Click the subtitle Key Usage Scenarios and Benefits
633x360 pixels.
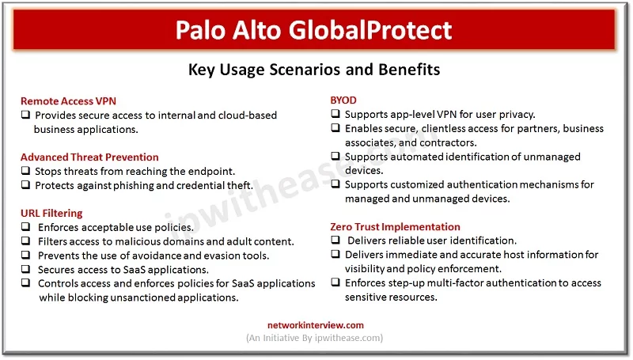[314, 70]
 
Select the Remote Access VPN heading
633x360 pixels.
[68, 101]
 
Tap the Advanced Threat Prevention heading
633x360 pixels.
[89, 157]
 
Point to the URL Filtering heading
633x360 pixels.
[51, 213]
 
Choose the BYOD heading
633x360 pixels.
[343, 100]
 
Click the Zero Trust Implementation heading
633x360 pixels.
[395, 227]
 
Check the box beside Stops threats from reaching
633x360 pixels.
[26, 171]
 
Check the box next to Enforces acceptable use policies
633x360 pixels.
[26, 227]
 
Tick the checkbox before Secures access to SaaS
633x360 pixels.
[26, 269]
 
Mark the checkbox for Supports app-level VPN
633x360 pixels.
[335, 114]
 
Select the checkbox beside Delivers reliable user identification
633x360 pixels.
[335, 241]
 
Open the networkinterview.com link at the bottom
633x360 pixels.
[316, 325]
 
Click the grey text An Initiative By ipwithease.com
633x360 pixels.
[314, 338]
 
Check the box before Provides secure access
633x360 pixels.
[26, 115]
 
